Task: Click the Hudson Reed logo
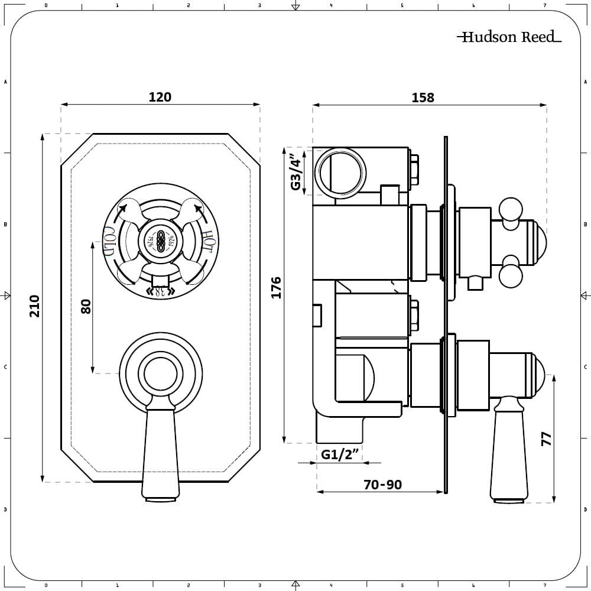tap(509, 37)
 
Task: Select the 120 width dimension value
tap(160, 97)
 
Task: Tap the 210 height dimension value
tap(35, 306)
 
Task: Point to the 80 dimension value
tap(86, 306)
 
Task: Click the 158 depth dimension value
tap(423, 98)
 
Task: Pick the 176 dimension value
tap(276, 288)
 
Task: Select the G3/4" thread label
tap(296, 172)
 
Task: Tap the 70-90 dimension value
tap(382, 485)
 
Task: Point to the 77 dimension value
tap(546, 438)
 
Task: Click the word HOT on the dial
tap(208, 240)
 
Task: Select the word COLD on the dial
tap(109, 241)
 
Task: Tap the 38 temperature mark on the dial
tap(160, 290)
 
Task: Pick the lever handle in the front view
tap(160, 452)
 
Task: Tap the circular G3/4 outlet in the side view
tap(340, 172)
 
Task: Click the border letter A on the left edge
tap(5, 82)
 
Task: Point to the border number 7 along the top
tap(544, 5)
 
